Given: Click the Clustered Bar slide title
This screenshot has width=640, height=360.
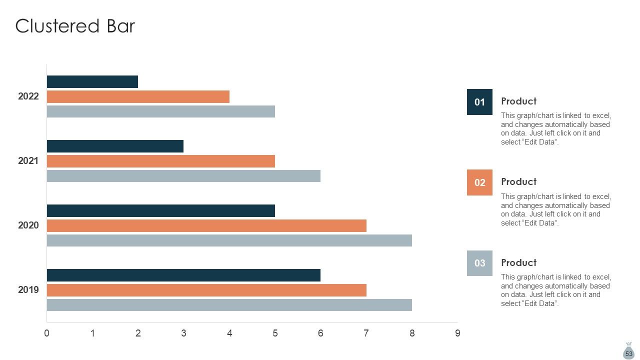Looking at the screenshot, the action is (75, 26).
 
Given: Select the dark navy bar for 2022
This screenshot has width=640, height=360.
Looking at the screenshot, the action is (92, 81).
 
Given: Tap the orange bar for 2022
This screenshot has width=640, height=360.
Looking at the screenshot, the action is (138, 97).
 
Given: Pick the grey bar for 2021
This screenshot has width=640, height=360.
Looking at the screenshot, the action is (183, 176).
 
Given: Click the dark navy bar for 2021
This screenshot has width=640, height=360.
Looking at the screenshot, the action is (115, 146).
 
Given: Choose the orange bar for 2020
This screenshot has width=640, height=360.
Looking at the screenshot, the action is (206, 225).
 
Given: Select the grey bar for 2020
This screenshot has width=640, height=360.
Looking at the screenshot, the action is (229, 240).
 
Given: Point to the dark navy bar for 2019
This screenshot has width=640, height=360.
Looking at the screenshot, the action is (183, 275).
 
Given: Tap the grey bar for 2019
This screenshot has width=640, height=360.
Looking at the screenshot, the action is (229, 305).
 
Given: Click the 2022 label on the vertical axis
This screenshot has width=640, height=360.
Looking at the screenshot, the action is (28, 96).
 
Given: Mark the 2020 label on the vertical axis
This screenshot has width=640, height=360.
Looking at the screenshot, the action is (28, 225).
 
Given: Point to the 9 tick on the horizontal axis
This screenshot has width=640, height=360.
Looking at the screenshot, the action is (457, 333).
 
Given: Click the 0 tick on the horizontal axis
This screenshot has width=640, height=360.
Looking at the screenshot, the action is (47, 333).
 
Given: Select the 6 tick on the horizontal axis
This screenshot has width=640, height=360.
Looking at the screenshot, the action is (320, 333).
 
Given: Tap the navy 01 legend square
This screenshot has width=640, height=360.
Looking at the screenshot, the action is (479, 102).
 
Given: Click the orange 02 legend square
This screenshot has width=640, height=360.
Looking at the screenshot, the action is (479, 182).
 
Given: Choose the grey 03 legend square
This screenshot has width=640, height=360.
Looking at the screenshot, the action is (479, 263).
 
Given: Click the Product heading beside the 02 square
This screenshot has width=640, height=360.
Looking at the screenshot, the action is (519, 181).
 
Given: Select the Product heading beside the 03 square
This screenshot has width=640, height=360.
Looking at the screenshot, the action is (519, 262).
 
